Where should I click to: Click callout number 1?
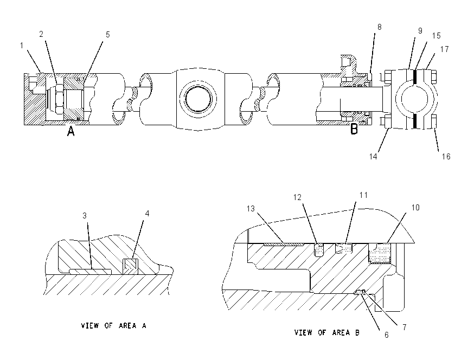click(x=22, y=46)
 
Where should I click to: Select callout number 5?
click(x=108, y=35)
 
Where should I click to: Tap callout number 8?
click(x=380, y=27)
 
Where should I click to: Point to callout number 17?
click(x=445, y=49)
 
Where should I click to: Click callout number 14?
click(x=373, y=157)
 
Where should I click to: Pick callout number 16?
click(x=446, y=157)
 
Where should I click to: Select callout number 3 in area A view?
click(x=85, y=216)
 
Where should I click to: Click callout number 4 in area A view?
click(x=148, y=214)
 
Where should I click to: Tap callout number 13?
click(x=251, y=209)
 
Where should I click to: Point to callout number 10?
click(x=415, y=208)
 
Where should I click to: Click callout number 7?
click(x=405, y=327)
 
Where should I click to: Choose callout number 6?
click(x=387, y=335)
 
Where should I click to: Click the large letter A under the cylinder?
click(x=71, y=131)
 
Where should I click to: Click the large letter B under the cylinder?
click(x=354, y=129)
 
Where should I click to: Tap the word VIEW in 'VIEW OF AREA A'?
click(x=89, y=326)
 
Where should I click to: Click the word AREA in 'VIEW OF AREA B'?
click(x=341, y=333)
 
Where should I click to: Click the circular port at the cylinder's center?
click(x=198, y=99)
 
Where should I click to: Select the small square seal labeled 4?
click(x=130, y=266)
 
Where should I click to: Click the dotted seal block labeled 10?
click(x=380, y=253)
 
